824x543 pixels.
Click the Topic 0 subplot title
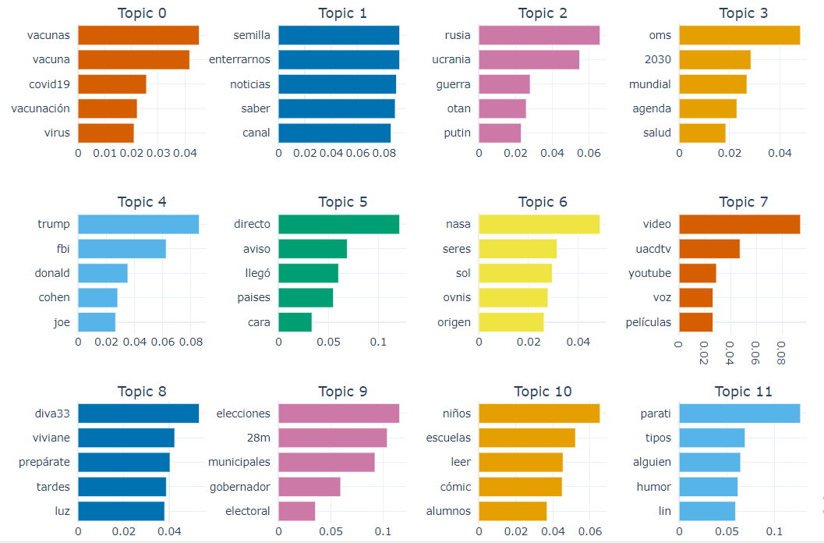point(141,13)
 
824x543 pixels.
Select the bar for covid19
point(111,84)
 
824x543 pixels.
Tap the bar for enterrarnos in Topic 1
point(338,60)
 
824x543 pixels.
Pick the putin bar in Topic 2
point(500,133)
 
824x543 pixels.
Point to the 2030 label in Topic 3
point(658,60)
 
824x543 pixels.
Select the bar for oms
point(739,36)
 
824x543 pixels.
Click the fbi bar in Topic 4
point(122,249)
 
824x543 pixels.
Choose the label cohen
point(54,297)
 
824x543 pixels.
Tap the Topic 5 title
point(341,202)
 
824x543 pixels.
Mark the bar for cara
point(295,321)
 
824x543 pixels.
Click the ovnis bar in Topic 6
point(513,297)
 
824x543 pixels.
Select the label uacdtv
point(653,249)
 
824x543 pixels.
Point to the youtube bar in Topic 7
point(697,273)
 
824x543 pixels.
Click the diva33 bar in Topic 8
point(138,413)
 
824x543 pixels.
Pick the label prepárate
point(44,462)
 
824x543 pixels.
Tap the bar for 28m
point(332,438)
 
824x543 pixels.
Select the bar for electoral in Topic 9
point(296,511)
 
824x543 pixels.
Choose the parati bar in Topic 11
point(739,413)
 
